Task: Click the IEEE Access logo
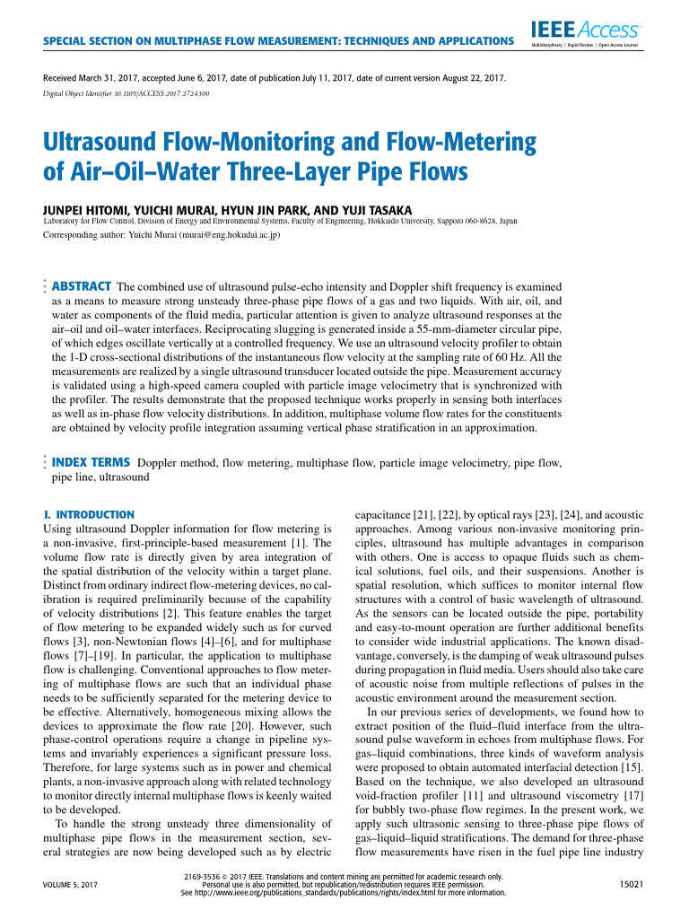pos(597,31)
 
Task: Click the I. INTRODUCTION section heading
pos(89,514)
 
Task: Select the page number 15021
pos(634,884)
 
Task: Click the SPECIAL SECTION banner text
pos(278,42)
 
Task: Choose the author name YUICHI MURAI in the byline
pos(152,206)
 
